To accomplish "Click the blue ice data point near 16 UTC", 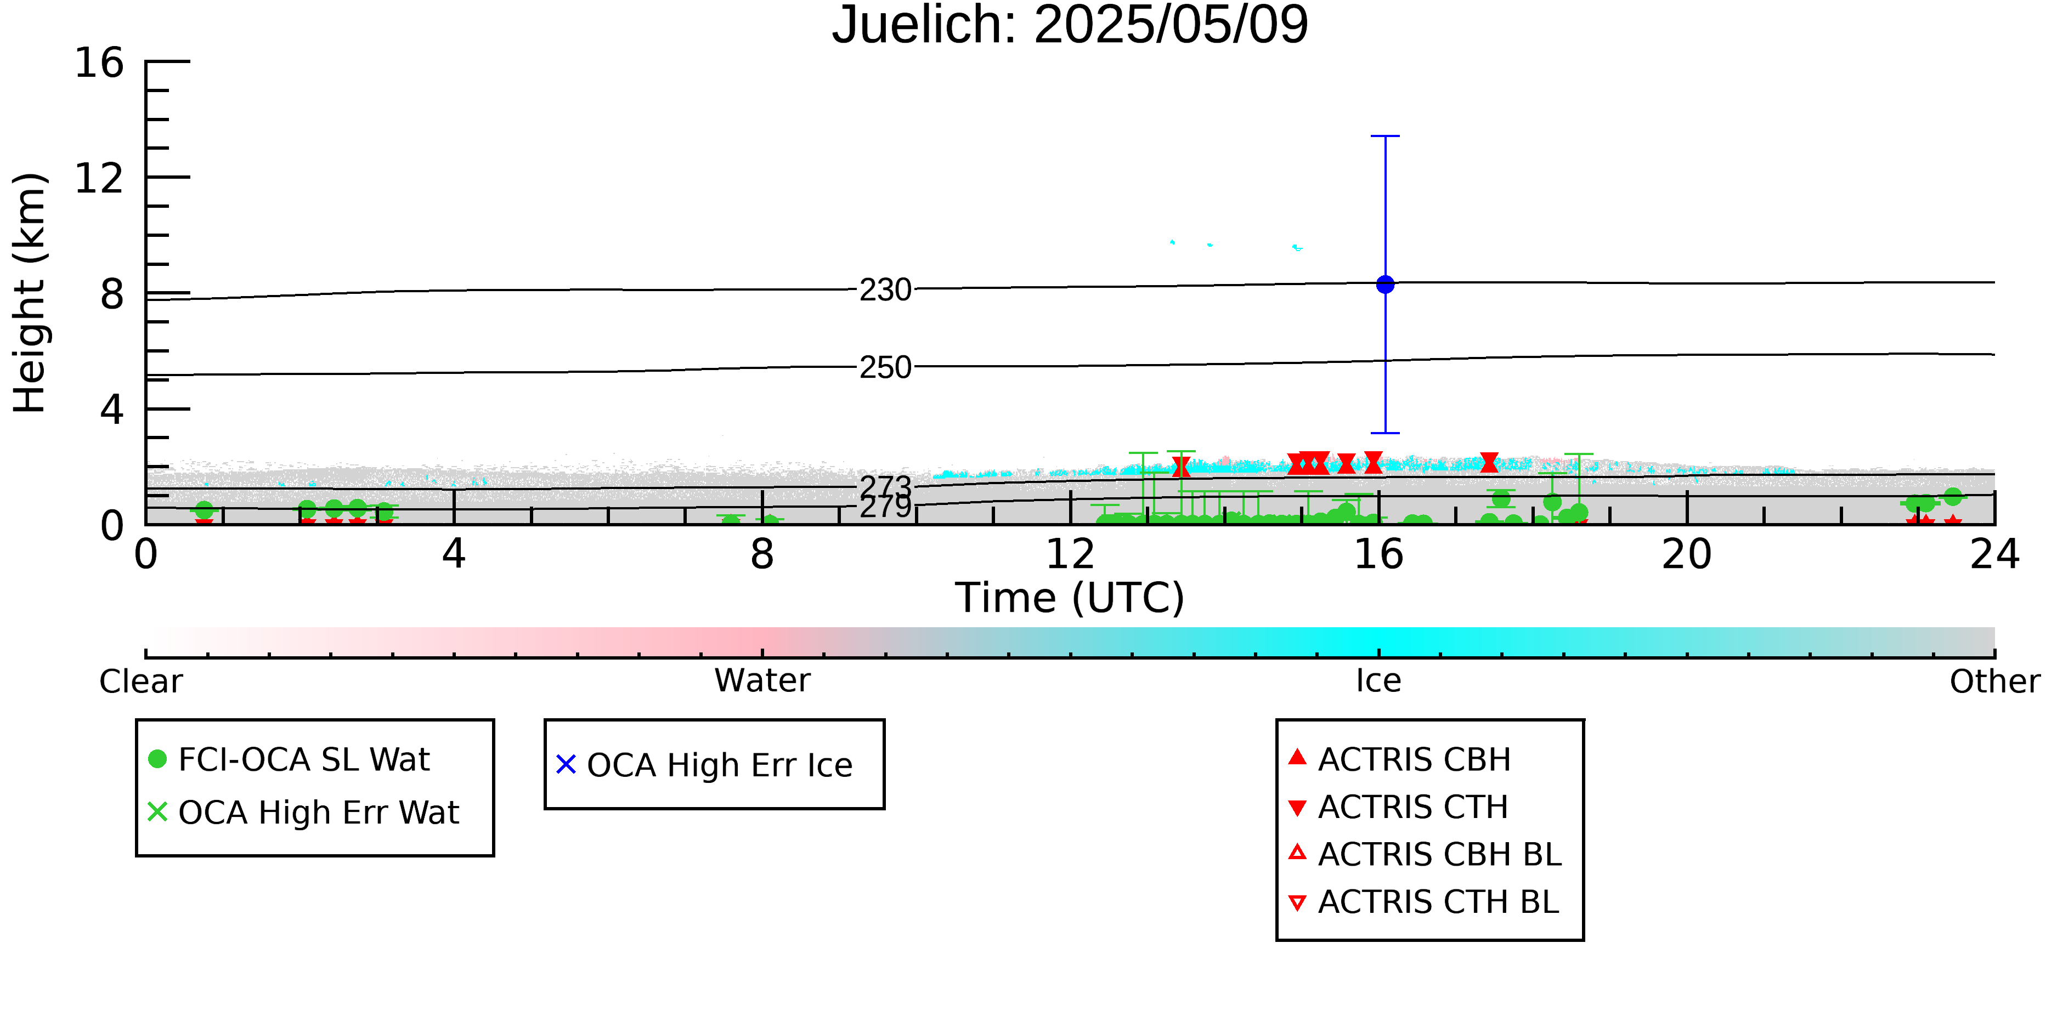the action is (x=1386, y=284).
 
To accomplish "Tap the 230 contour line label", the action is (x=885, y=289).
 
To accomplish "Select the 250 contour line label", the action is (x=885, y=367).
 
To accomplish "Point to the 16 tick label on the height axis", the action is (x=99, y=63).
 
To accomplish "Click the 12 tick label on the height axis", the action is (x=99, y=178).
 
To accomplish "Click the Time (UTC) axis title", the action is (x=1070, y=598).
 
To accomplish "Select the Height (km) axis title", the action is (x=30, y=293).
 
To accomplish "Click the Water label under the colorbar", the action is (x=762, y=681).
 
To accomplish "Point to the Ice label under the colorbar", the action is (x=1378, y=681).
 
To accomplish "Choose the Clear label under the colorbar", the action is (x=140, y=681).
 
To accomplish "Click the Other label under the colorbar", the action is (x=1994, y=681).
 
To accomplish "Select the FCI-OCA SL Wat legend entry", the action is (x=289, y=759).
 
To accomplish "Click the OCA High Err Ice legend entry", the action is (x=704, y=765).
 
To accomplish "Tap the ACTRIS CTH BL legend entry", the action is (x=1424, y=902).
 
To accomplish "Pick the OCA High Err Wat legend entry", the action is (x=303, y=813).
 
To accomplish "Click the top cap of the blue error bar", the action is (x=1386, y=137).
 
